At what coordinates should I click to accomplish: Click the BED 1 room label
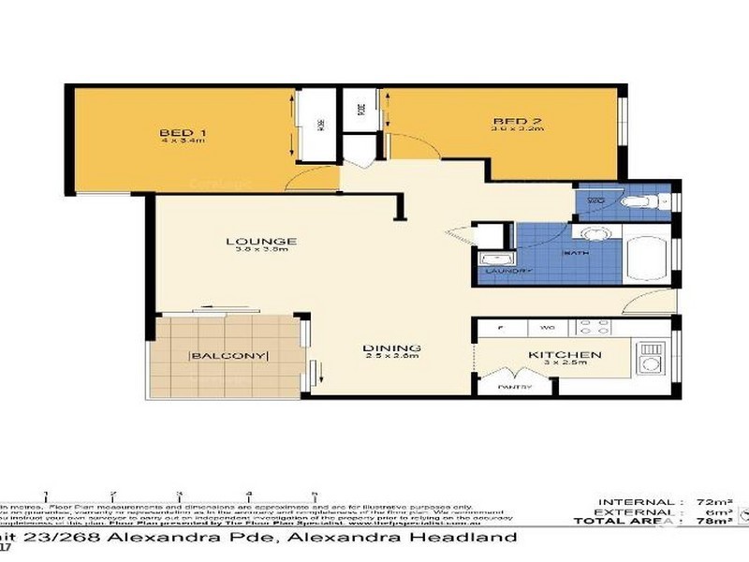click(183, 131)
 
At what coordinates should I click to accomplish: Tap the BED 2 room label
click(511, 122)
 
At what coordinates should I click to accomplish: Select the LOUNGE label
click(248, 242)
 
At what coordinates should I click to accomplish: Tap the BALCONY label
click(229, 355)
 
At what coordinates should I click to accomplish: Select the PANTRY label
click(514, 387)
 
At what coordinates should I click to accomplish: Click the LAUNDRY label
click(505, 272)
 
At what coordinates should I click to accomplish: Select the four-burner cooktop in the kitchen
click(594, 328)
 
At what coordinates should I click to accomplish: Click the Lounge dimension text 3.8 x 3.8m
click(248, 251)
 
